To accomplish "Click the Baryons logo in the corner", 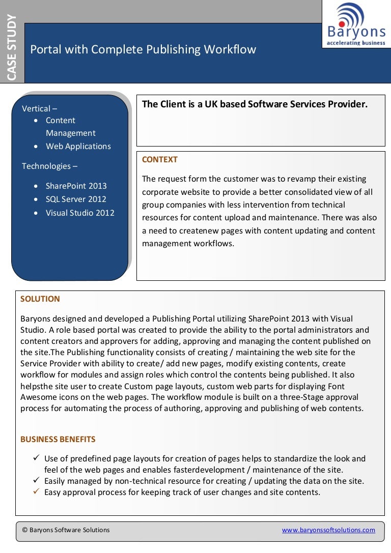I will (356, 24).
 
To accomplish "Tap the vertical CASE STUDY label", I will (12, 47).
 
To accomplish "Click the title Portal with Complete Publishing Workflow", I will (143, 50).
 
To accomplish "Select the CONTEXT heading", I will (159, 160).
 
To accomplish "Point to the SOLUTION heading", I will (40, 299).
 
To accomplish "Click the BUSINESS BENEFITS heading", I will (58, 440).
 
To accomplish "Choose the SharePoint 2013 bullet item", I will (76, 186).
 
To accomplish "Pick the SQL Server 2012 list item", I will (76, 199).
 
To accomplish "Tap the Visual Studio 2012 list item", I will (80, 213).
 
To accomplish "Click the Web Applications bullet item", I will (78, 147).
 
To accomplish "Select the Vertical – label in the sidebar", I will (39, 109).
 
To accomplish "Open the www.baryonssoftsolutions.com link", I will (328, 530).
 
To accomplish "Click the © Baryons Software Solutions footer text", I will (66, 530).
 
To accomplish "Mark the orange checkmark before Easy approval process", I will (37, 491).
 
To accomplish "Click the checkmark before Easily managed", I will (37, 480).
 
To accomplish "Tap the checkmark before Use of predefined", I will (37, 458).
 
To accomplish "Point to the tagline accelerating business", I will (356, 43).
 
